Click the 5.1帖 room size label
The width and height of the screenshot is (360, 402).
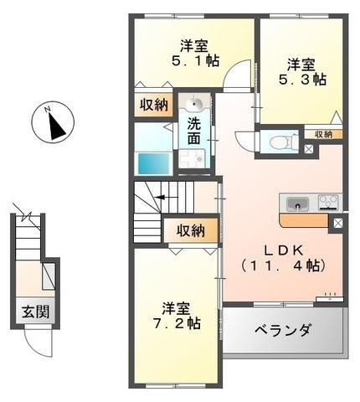[195, 60]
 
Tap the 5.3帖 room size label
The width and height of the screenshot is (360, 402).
[302, 80]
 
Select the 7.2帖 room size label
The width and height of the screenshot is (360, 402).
[177, 323]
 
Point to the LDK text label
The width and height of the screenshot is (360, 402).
[284, 250]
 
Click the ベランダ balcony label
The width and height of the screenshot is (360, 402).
[282, 331]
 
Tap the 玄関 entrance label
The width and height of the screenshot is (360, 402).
[36, 312]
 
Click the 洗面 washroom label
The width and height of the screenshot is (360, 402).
[194, 131]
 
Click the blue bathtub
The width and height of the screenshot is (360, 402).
[154, 163]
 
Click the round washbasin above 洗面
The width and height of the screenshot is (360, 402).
[195, 104]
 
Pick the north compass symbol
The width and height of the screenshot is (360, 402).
[53, 123]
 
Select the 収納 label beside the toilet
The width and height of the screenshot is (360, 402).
[323, 135]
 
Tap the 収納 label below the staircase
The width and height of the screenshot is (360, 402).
[191, 231]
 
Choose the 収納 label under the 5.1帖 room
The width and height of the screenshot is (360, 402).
[154, 105]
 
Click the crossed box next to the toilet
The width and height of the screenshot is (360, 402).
[309, 149]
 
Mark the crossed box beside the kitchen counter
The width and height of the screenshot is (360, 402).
[337, 224]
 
